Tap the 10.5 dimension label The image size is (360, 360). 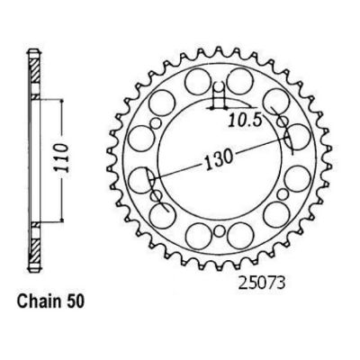(x=246, y=121)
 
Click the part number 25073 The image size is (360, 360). (x=261, y=283)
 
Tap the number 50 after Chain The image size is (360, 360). (x=75, y=301)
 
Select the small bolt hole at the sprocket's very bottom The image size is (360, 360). (x=220, y=231)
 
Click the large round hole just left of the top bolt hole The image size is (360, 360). (x=197, y=81)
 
